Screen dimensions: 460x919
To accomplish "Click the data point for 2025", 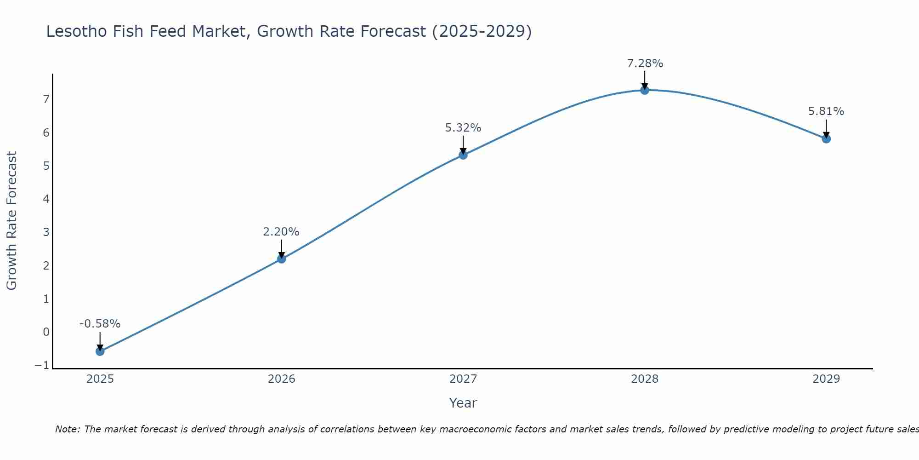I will click(x=100, y=351).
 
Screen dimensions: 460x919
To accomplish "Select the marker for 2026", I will click(x=282, y=259).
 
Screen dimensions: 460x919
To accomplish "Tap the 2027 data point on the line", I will click(x=463, y=155).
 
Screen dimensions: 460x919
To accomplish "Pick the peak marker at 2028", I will click(x=645, y=90).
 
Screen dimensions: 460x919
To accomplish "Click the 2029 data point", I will click(x=826, y=139).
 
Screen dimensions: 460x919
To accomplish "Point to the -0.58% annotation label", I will click(x=100, y=324).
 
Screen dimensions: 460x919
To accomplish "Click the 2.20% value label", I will click(x=281, y=232).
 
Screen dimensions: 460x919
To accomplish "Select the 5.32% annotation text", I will click(x=463, y=128).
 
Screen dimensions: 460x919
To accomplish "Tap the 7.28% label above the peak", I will click(x=645, y=63).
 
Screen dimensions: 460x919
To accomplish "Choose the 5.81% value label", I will click(x=826, y=111).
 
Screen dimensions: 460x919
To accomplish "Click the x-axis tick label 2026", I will click(x=282, y=379).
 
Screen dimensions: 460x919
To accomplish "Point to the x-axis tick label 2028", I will click(x=645, y=379).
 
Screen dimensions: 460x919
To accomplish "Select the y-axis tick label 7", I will click(x=46, y=99).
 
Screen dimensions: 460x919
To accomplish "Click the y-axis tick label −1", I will click(x=42, y=365).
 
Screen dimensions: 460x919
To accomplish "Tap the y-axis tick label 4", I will click(x=46, y=199).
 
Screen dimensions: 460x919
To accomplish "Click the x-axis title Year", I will click(x=463, y=403).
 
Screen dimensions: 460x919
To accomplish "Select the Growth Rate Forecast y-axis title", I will click(x=11, y=221).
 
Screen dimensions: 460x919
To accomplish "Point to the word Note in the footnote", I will click(x=67, y=429).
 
